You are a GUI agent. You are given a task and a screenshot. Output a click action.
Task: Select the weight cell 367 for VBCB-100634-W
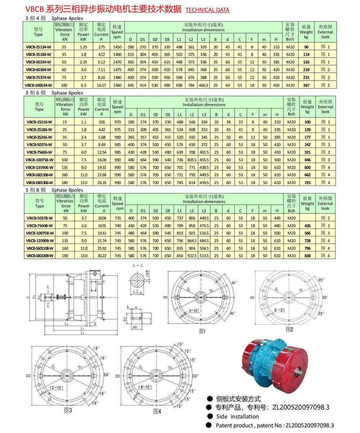click(306, 85)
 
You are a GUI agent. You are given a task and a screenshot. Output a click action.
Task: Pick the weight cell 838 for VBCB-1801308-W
click(307, 256)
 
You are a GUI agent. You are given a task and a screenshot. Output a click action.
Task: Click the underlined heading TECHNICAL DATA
click(207, 10)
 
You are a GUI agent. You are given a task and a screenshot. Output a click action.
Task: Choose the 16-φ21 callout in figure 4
click(145, 387)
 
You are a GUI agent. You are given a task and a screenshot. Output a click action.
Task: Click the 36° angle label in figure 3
click(107, 374)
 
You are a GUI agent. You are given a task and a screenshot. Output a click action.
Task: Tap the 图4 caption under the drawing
click(157, 411)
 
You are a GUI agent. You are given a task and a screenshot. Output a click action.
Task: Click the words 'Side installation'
click(238, 416)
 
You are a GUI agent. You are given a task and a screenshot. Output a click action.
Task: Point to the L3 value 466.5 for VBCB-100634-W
click(204, 85)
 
